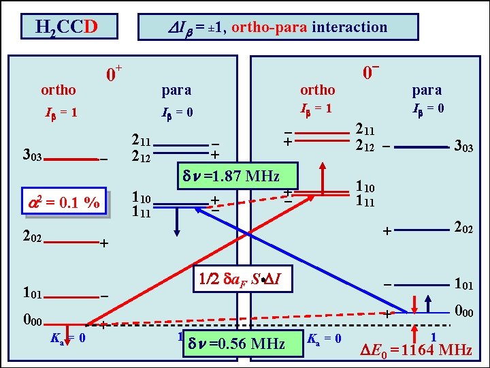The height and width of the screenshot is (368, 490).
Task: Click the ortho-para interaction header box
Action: click(x=278, y=27)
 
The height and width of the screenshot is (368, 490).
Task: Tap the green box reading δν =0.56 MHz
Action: click(x=245, y=343)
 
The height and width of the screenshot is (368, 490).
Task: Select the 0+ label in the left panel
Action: click(x=113, y=73)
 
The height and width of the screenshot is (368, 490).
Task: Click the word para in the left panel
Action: click(x=176, y=90)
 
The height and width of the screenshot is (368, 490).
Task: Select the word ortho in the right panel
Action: click(x=318, y=90)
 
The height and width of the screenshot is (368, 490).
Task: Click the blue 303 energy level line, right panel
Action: click(x=423, y=147)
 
